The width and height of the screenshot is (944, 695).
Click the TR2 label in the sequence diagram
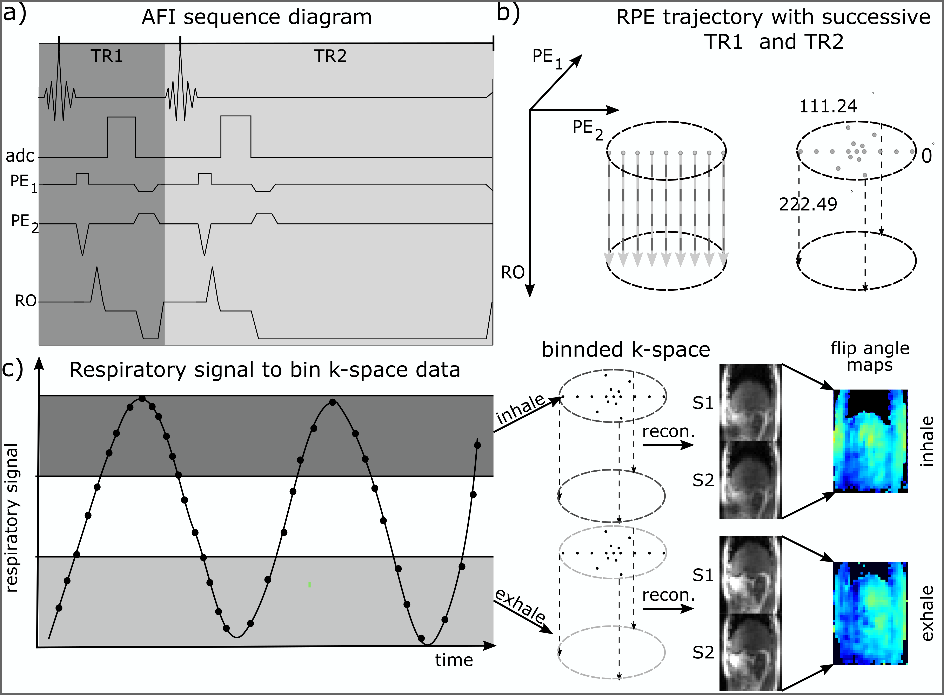(330, 56)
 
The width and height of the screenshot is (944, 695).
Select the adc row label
(19, 156)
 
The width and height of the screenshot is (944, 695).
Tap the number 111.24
(828, 106)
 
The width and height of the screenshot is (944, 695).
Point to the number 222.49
(808, 204)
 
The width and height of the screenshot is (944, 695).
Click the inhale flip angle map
(870, 441)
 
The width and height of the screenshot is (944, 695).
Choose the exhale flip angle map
(870, 613)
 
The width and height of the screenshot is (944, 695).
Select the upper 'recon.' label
(668, 432)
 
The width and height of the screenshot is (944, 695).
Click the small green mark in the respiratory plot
(309, 584)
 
